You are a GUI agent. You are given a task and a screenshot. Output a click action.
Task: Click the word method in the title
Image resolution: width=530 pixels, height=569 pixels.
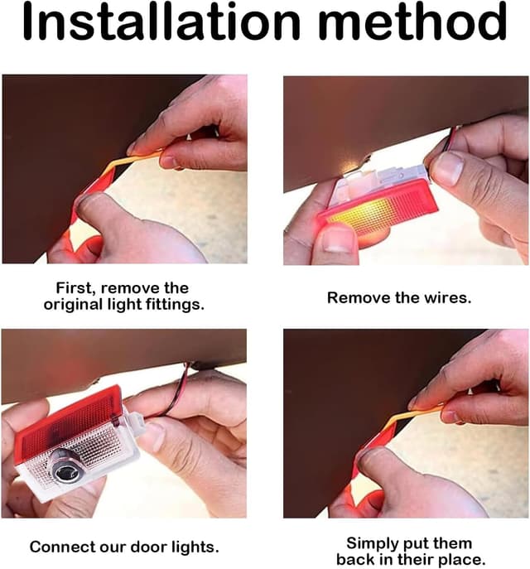(x=412, y=21)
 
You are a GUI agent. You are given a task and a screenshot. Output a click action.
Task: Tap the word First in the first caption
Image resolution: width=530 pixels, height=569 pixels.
(x=76, y=288)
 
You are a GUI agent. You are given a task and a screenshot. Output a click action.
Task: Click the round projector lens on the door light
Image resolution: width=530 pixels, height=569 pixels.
(x=68, y=465)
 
